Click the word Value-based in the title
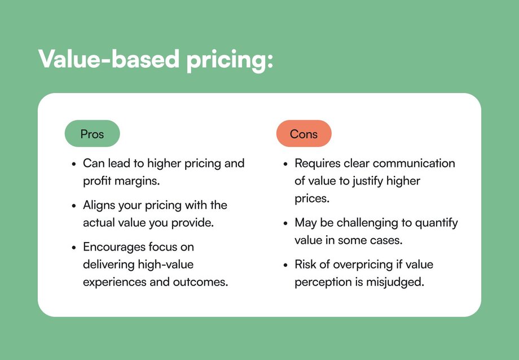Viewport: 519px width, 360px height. point(109,59)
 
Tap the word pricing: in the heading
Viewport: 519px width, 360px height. point(230,61)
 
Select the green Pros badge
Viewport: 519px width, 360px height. point(92,134)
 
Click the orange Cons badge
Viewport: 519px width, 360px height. point(304,134)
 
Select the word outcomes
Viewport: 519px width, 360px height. point(200,282)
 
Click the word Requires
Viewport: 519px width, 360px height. point(318,164)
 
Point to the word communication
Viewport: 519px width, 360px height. point(414,163)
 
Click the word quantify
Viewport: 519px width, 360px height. point(436,223)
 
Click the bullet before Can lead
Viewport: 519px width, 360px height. point(74,164)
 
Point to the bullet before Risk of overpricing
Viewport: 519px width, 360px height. point(285,265)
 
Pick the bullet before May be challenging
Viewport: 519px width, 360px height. point(285,223)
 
